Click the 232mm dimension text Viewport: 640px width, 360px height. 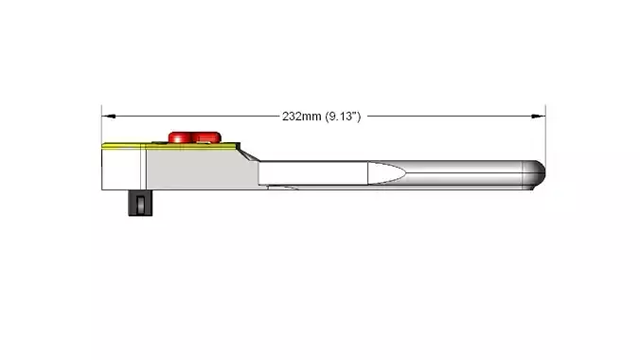click(x=302, y=117)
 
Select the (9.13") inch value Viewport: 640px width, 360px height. click(x=342, y=117)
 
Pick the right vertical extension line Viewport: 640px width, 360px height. click(x=545, y=133)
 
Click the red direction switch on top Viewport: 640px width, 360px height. click(x=196, y=137)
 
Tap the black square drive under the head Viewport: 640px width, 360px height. click(x=137, y=203)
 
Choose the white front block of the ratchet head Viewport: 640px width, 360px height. click(x=121, y=169)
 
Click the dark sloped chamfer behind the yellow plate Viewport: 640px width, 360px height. click(x=243, y=149)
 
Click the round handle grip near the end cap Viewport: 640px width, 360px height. click(x=473, y=173)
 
